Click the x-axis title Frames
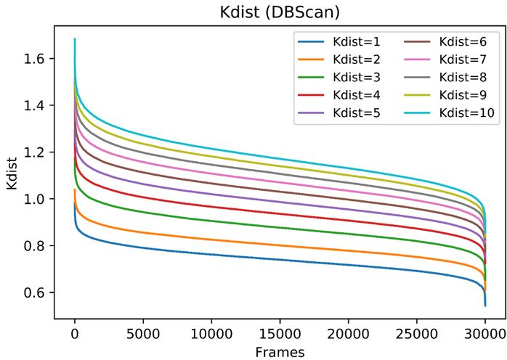coord(280,351)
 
